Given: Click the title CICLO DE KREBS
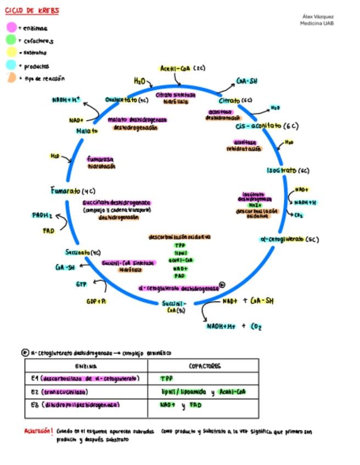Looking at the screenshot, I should click(x=32, y=10).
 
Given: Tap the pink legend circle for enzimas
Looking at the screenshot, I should click(x=11, y=27).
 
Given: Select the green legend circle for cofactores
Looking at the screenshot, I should click(x=11, y=40).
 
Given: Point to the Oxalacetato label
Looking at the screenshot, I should click(x=127, y=100).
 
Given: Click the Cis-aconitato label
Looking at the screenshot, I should click(x=266, y=126).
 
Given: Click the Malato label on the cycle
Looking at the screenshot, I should click(x=87, y=131).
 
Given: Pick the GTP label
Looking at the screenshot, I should click(x=81, y=284).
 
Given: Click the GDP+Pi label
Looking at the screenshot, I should click(x=97, y=301).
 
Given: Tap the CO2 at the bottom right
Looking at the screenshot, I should click(x=256, y=327).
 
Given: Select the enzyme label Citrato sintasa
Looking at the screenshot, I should click(x=175, y=95).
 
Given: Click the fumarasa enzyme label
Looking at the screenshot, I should click(x=100, y=159).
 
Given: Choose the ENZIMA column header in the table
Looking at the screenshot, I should click(x=86, y=366).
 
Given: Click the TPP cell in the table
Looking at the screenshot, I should click(x=166, y=378).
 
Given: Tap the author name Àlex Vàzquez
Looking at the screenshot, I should click(x=318, y=16).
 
